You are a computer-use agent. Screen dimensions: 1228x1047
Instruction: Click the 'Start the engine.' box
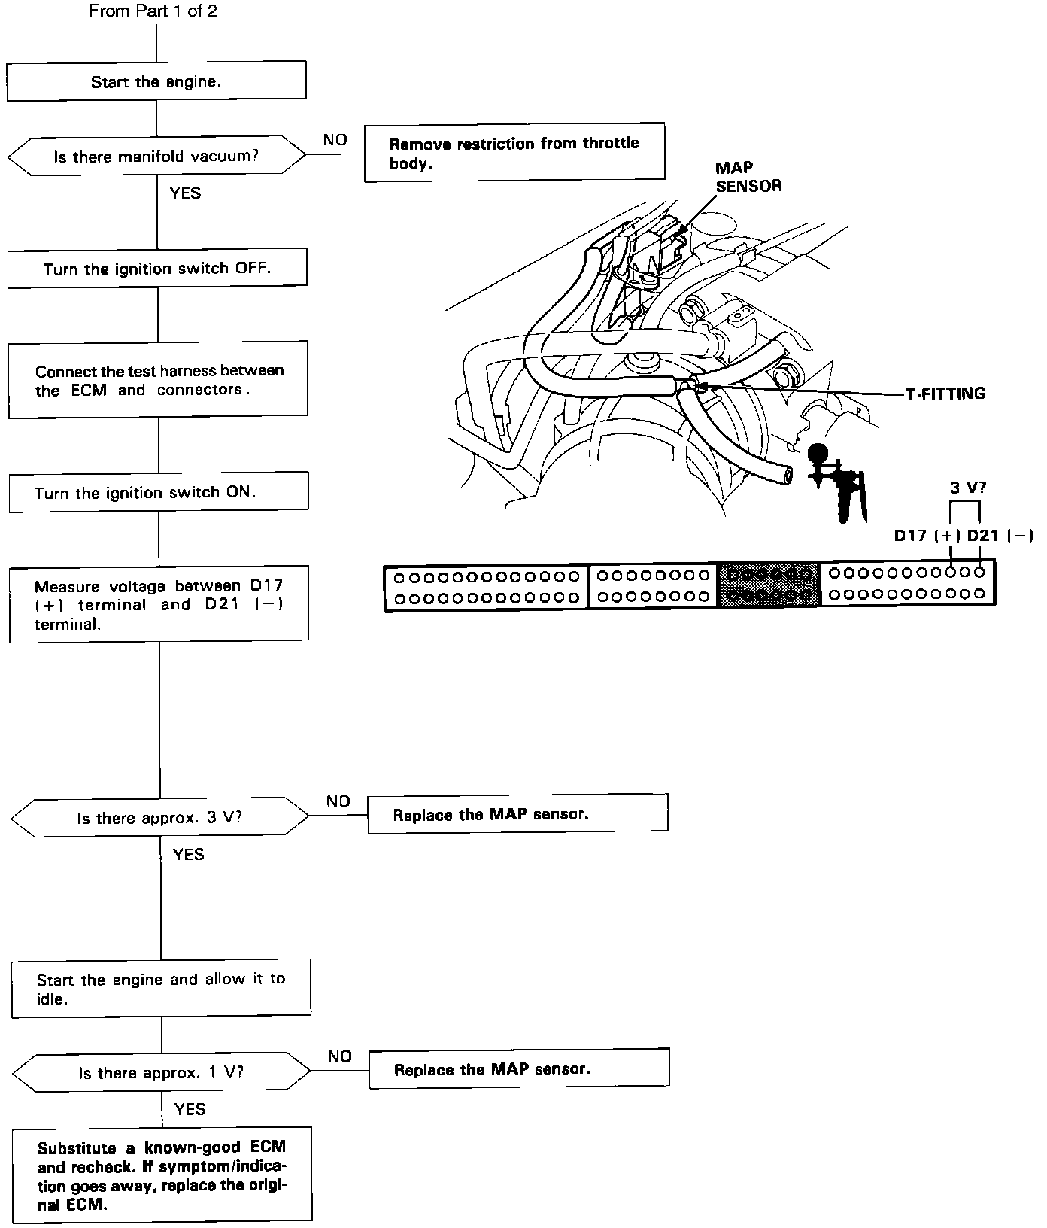pos(156,81)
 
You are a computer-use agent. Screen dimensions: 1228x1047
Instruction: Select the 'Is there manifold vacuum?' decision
pos(156,157)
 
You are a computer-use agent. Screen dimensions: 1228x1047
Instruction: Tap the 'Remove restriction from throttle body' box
pos(514,153)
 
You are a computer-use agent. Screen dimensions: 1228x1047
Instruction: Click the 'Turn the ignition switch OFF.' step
pos(157,269)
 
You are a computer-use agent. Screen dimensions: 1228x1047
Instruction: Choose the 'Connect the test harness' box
pos(158,379)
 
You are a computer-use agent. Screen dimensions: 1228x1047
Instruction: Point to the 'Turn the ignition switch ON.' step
pos(158,493)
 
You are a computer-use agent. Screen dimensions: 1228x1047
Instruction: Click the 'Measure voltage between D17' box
pos(159,604)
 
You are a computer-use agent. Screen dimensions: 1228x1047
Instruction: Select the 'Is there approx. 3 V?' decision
pos(160,818)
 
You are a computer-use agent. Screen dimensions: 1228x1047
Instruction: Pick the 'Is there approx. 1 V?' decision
pos(162,1073)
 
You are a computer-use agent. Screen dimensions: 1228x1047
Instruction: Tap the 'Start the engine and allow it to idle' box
pos(161,989)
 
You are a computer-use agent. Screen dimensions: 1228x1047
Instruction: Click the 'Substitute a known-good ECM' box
pos(162,1175)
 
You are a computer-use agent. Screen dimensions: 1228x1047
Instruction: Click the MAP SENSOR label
pos(748,177)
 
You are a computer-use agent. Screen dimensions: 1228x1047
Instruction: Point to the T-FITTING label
pos(945,394)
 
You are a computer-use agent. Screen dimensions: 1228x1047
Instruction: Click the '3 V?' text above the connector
pos(967,488)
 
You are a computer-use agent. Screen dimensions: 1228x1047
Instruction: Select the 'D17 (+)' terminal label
pos(927,536)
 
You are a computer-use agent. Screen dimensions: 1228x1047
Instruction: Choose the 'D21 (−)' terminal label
pos(999,536)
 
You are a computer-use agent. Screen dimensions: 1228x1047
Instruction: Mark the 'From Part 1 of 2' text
pos(153,11)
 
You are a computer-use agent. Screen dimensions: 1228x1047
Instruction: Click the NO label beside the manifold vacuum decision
pos(335,140)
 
